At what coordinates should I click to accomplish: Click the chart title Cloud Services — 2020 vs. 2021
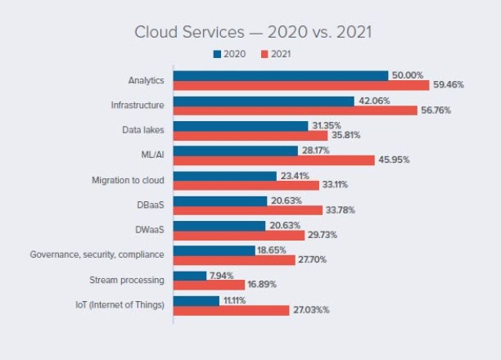tap(254, 33)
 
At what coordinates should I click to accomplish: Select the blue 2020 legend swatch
tap(217, 54)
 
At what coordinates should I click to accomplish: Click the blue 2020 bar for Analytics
tap(281, 75)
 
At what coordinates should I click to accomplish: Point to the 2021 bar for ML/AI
tap(274, 160)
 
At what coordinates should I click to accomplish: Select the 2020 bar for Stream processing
tap(190, 276)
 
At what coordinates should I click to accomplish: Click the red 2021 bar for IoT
tap(232, 311)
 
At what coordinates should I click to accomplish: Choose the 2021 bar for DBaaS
tap(248, 209)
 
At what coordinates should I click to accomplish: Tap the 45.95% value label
tap(394, 160)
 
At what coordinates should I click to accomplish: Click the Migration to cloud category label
tap(129, 180)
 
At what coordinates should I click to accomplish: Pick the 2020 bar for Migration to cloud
tap(225, 175)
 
